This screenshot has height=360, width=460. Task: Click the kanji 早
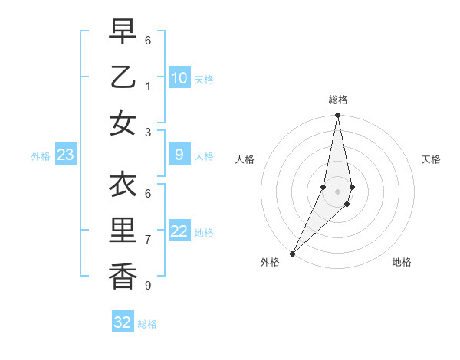click(x=122, y=31)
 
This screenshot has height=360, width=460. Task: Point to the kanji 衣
click(x=122, y=185)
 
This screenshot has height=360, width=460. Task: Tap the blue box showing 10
click(x=179, y=77)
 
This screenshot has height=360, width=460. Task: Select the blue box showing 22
click(x=179, y=231)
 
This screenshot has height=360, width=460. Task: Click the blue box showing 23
click(x=65, y=155)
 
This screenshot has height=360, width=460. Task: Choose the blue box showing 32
click(x=123, y=322)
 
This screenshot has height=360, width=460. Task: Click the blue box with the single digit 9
click(x=179, y=155)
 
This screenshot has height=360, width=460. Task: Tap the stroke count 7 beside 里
click(x=148, y=240)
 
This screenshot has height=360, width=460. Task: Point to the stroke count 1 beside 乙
click(x=148, y=87)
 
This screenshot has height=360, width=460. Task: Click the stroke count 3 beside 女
click(x=148, y=132)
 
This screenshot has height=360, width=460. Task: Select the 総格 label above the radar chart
click(x=337, y=100)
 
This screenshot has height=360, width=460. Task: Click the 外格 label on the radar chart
click(x=270, y=263)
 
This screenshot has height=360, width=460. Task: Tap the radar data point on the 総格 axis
click(x=337, y=116)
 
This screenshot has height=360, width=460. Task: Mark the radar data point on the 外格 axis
click(x=292, y=253)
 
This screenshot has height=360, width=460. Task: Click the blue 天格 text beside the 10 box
click(x=204, y=79)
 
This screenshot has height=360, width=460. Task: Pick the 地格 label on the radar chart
click(x=402, y=263)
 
